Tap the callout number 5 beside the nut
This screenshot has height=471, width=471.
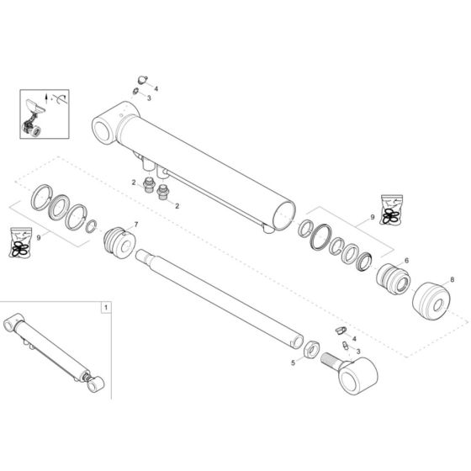pyautogui.click(x=293, y=363)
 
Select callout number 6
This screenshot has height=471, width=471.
pyautogui.click(x=406, y=262)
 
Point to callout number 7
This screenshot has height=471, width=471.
pyautogui.click(x=135, y=225)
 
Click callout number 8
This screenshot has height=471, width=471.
pyautogui.click(x=452, y=279)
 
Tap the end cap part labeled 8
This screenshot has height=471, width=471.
pyautogui.click(x=431, y=299)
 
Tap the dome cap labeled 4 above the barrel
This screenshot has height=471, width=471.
pyautogui.click(x=141, y=80)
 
